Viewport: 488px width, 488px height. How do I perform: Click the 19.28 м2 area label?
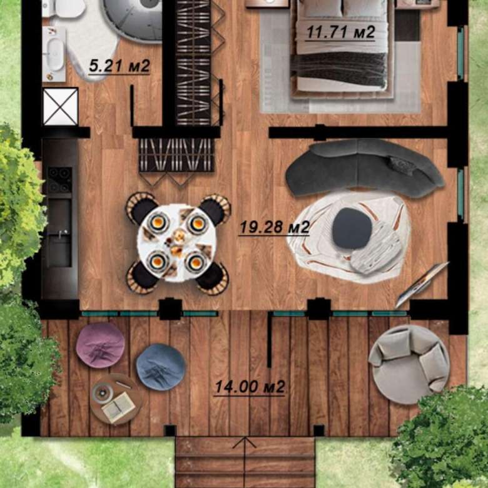pyautogui.click(x=275, y=228)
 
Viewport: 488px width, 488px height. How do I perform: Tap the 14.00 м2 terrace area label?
pyautogui.click(x=250, y=387)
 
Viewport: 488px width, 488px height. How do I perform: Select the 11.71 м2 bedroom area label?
pyautogui.click(x=341, y=32)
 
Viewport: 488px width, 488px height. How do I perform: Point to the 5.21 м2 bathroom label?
pyautogui.click(x=119, y=66)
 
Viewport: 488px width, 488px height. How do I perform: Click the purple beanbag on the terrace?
pyautogui.click(x=100, y=345)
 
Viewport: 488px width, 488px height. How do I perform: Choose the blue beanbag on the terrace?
pyautogui.click(x=161, y=367)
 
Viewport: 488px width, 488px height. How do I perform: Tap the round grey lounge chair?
pyautogui.click(x=409, y=365)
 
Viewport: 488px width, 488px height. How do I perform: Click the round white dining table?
pyautogui.click(x=177, y=243)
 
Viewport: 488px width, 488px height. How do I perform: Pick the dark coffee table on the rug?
pyautogui.click(x=352, y=229)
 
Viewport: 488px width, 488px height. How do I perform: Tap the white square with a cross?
pyautogui.click(x=61, y=106)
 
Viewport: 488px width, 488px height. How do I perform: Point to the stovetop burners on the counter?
pyautogui.click(x=59, y=180)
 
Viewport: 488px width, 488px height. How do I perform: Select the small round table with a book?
pyautogui.click(x=116, y=399)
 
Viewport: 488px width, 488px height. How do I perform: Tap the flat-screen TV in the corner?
pyautogui.click(x=422, y=285)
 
